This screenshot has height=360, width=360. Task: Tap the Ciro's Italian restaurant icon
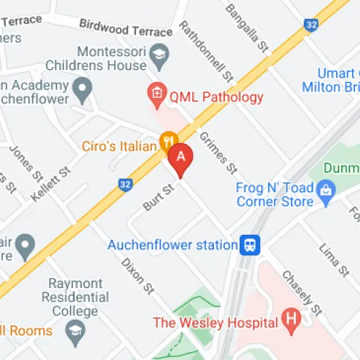(168, 140)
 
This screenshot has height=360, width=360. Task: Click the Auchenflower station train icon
(251, 245)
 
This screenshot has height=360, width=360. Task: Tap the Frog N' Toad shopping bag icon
(326, 191)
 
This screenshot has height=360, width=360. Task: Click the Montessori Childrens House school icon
(158, 55)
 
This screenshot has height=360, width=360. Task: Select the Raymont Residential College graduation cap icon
(74, 330)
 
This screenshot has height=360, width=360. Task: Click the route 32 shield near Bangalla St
(310, 24)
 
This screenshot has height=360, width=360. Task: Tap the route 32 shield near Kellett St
(125, 185)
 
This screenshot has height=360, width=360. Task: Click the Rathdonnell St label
(206, 50)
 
